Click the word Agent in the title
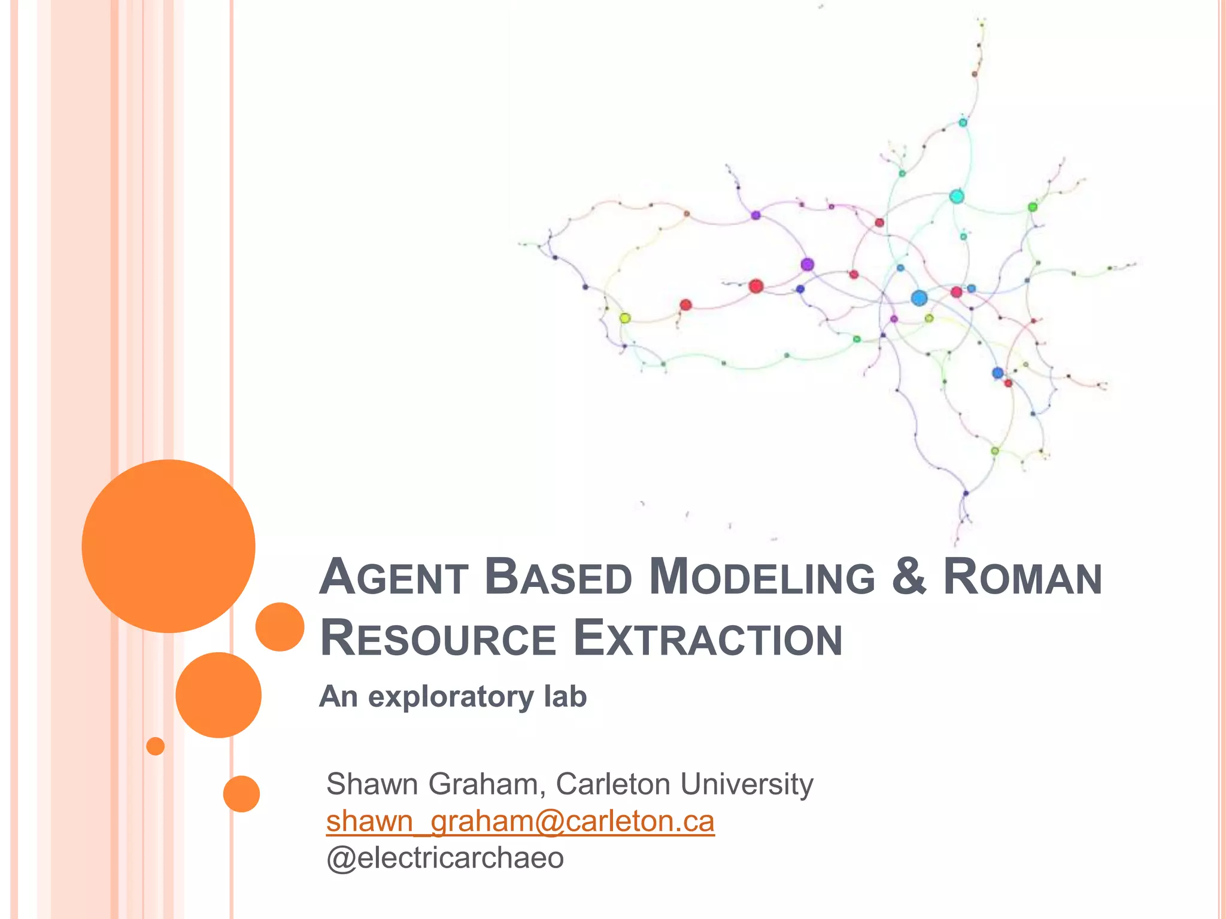(x=393, y=577)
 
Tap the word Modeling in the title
(x=762, y=577)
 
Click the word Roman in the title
(x=1022, y=577)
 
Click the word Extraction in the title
(x=708, y=639)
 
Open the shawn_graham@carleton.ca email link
(x=520, y=821)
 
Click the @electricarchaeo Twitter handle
(x=445, y=858)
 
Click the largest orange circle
(x=169, y=546)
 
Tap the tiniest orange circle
(x=155, y=746)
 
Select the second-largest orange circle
(x=219, y=695)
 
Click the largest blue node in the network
(x=919, y=298)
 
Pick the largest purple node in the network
(x=807, y=264)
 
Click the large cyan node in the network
(x=957, y=196)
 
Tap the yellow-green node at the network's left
(x=625, y=318)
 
